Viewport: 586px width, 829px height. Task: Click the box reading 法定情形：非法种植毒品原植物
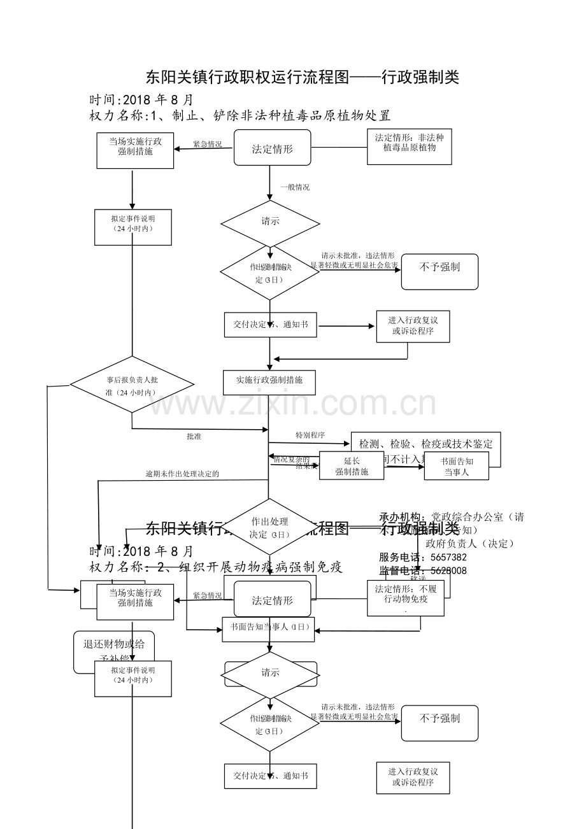[410, 147]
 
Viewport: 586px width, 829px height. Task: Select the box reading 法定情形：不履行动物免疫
[406, 598]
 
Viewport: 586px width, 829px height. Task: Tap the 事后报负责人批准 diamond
[132, 385]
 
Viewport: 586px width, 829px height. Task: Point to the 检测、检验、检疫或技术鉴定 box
[425, 444]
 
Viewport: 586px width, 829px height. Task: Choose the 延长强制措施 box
[352, 466]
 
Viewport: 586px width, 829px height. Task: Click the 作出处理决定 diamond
[269, 527]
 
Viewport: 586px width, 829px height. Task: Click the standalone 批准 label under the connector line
[194, 437]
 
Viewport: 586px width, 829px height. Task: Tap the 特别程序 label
[310, 435]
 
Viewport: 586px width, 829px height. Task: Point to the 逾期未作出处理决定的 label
[182, 474]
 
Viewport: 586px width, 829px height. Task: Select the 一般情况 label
[295, 187]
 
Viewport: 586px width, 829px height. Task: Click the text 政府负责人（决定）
[470, 543]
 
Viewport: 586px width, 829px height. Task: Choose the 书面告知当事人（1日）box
[268, 628]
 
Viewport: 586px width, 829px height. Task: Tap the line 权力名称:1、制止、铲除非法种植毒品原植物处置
[240, 115]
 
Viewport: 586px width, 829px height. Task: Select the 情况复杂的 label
[291, 459]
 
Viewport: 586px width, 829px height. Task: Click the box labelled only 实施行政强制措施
[269, 381]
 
